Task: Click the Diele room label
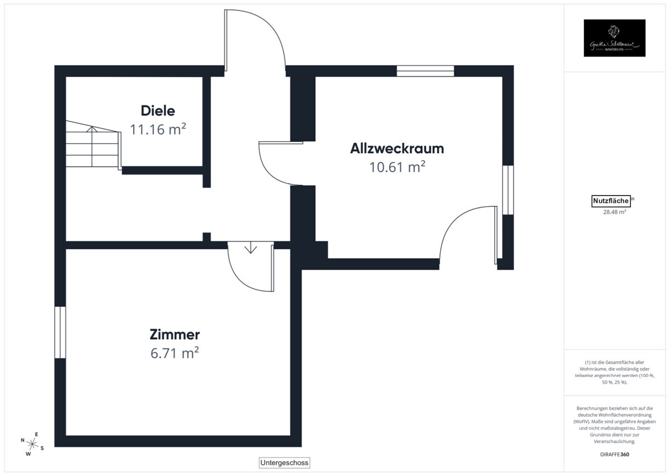(x=158, y=110)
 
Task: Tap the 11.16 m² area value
(x=158, y=129)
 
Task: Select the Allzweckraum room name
(x=397, y=148)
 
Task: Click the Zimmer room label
(x=174, y=335)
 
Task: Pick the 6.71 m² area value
(x=174, y=353)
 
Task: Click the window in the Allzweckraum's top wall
(x=425, y=71)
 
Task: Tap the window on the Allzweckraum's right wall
(x=507, y=190)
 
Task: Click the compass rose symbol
(x=32, y=444)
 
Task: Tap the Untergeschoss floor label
(x=284, y=463)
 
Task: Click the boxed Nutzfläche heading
(x=611, y=201)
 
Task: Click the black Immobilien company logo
(x=615, y=38)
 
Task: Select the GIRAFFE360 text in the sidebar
(x=613, y=454)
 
